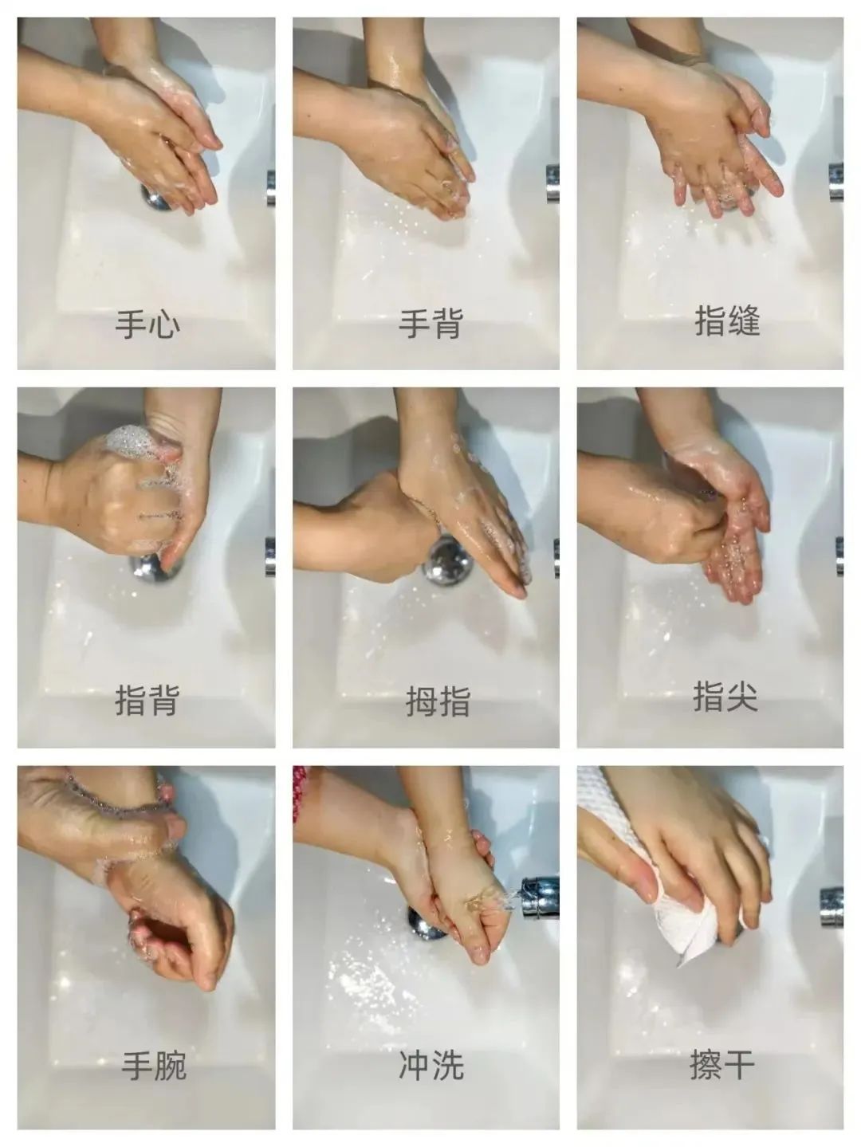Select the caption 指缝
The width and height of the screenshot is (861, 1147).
[x=727, y=321]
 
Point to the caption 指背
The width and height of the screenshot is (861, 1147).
[x=147, y=700]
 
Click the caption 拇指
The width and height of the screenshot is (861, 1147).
[x=438, y=701]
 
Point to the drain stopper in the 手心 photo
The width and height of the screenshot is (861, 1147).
[x=157, y=198]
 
